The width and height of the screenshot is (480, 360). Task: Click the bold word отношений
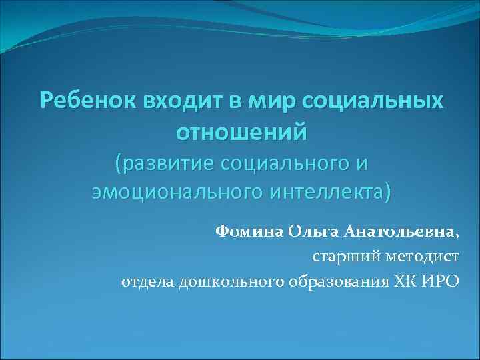pos(241,131)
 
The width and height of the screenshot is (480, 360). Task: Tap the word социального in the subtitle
pos(284,163)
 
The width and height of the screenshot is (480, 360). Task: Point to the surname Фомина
pos(249,232)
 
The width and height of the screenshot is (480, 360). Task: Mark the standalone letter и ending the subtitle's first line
pos(362,163)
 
